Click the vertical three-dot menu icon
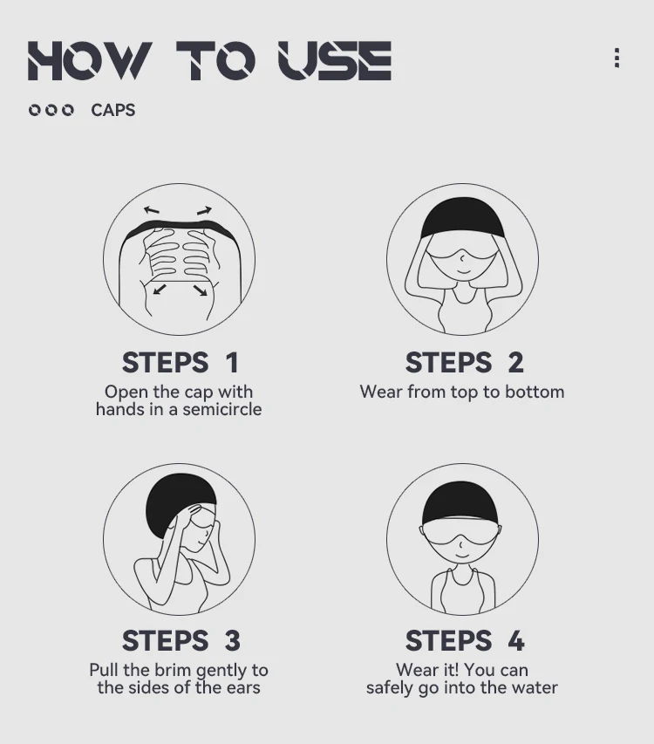click(617, 58)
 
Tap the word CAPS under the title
click(112, 110)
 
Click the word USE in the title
click(335, 60)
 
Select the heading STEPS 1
click(180, 363)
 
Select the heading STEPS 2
click(464, 363)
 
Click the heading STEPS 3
click(181, 640)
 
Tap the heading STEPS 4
click(465, 640)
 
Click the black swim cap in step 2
click(462, 218)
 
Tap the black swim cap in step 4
click(460, 504)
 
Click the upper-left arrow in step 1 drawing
click(151, 209)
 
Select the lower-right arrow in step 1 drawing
click(201, 290)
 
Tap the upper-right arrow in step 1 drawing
click(204, 210)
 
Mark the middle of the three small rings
click(51, 110)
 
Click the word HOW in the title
click(90, 60)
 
